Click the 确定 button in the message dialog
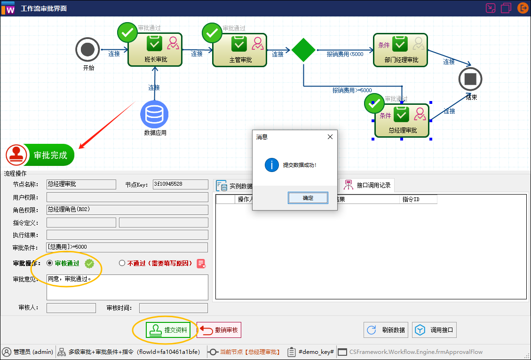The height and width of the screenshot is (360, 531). click(308, 198)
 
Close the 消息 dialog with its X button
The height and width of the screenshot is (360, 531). click(330, 137)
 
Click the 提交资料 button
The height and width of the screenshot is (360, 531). click(168, 330)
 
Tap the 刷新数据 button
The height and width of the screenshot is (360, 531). click(386, 330)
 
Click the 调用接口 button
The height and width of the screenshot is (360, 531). click(434, 330)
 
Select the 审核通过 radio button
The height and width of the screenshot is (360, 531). click(50, 263)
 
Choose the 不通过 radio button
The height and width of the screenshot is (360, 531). click(122, 263)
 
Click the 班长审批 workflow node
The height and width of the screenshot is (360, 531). click(155, 50)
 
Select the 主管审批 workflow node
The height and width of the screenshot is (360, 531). click(240, 50)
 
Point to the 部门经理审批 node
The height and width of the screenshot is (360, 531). click(400, 50)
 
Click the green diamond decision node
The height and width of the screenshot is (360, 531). click(303, 50)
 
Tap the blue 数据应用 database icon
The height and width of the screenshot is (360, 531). click(154, 114)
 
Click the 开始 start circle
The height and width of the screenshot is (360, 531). click(87, 49)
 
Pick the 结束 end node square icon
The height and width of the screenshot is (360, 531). click(470, 79)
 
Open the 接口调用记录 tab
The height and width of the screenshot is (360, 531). click(368, 185)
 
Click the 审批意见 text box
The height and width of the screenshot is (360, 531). click(127, 287)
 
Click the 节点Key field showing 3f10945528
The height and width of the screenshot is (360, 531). click(180, 184)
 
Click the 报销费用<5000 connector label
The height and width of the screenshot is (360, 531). click(345, 54)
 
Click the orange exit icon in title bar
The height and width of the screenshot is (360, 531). click(523, 8)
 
